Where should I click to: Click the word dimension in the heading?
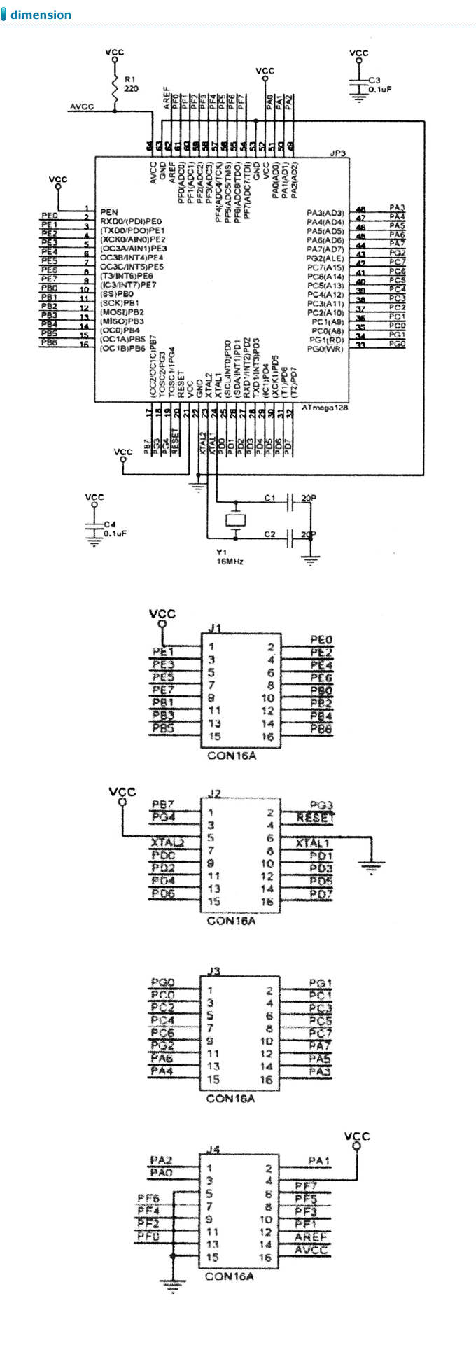(41, 15)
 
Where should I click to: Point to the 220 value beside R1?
(131, 89)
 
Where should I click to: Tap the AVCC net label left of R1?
(82, 107)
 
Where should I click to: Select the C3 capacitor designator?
(374, 81)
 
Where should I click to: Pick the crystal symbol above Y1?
(235, 520)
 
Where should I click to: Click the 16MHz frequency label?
(230, 561)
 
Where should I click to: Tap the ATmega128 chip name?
(325, 408)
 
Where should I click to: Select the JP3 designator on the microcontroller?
(337, 153)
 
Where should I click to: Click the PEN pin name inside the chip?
(109, 211)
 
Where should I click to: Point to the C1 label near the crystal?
(269, 498)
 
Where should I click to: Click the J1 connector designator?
(216, 627)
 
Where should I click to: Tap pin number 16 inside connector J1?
(267, 737)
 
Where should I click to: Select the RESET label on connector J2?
(316, 817)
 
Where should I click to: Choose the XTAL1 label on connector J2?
(312, 843)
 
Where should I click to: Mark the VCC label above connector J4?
(357, 1136)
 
